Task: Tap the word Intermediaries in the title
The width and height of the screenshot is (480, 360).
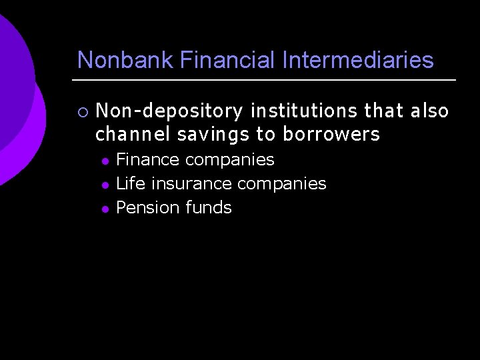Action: point(358,60)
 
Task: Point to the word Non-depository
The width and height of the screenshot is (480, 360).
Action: point(169,111)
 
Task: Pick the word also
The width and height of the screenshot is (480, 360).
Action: point(429,110)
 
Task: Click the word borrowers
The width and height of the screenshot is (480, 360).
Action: point(331,134)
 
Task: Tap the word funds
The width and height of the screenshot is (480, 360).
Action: point(209,207)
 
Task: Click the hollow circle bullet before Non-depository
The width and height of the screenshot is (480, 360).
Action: point(81,111)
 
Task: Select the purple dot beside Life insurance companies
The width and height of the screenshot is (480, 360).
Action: point(104,185)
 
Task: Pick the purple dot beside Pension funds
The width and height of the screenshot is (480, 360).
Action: point(104,209)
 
